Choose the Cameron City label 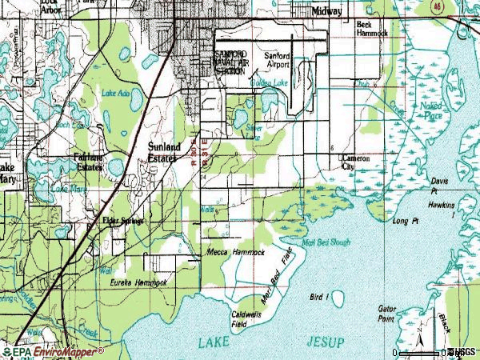[x=356, y=163]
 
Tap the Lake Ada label [x=116, y=94]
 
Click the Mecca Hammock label [x=235, y=252]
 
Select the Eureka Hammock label [x=138, y=283]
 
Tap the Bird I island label [x=318, y=297]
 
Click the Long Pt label [x=406, y=221]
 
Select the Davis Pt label [x=440, y=186]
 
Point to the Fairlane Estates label [x=89, y=162]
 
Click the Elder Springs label [x=121, y=220]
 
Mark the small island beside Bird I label [x=338, y=298]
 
